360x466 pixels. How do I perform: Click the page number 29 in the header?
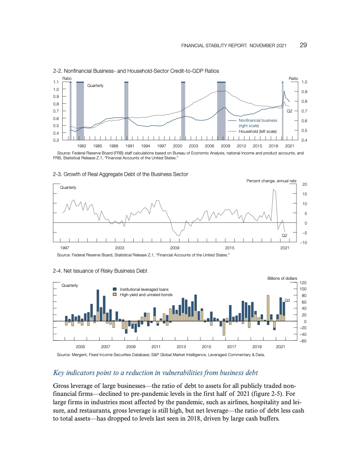point(304,45)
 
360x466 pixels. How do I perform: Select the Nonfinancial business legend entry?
point(258,120)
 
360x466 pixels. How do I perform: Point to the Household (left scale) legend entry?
point(258,131)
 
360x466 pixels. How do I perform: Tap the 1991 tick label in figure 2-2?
point(130,146)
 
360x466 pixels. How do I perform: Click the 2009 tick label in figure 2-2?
point(225,146)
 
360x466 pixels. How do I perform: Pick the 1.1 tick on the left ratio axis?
point(56,82)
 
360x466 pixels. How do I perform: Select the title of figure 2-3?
point(120,174)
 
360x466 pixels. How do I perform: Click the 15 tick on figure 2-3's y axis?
point(304,194)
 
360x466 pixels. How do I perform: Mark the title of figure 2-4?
point(100,271)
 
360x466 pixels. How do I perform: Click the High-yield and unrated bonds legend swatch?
point(115,294)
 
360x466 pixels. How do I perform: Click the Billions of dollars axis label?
point(282,278)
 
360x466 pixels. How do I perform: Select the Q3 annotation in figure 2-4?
point(287,301)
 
